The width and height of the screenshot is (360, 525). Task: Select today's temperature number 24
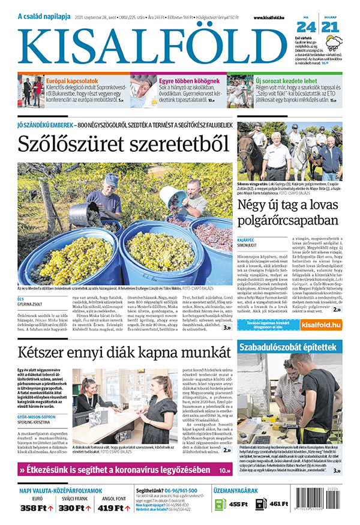coord(306,27)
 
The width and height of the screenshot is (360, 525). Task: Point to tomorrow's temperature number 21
coord(329,27)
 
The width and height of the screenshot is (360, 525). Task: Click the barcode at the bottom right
coord(324,507)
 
